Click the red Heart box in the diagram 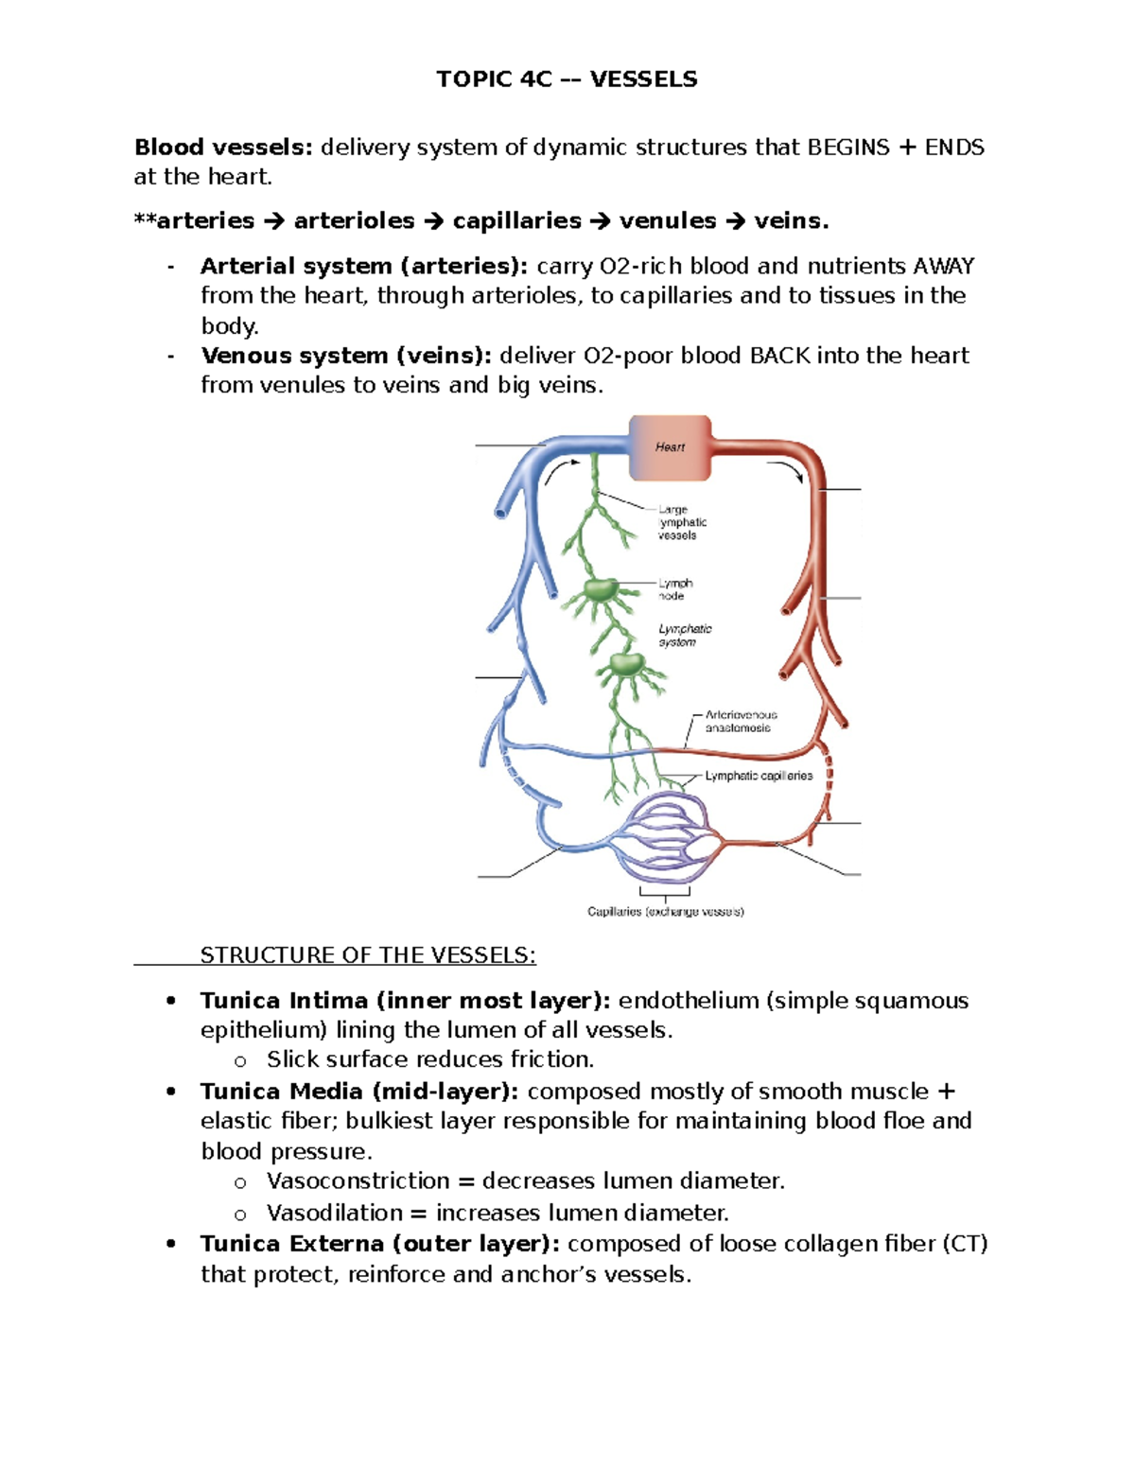(x=670, y=447)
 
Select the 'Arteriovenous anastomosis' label (x=741, y=722)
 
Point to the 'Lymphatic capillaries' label (x=759, y=776)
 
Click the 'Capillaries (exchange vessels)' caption (x=665, y=912)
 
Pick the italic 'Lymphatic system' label (x=685, y=635)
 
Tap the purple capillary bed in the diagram (x=666, y=837)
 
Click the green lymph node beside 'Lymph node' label (x=600, y=592)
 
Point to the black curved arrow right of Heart (x=786, y=469)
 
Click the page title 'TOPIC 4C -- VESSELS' (x=567, y=79)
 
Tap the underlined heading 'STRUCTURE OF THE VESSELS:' (x=368, y=955)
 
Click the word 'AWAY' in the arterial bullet (x=943, y=267)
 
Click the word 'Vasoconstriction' (x=358, y=1181)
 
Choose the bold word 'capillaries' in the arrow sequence (x=516, y=221)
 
